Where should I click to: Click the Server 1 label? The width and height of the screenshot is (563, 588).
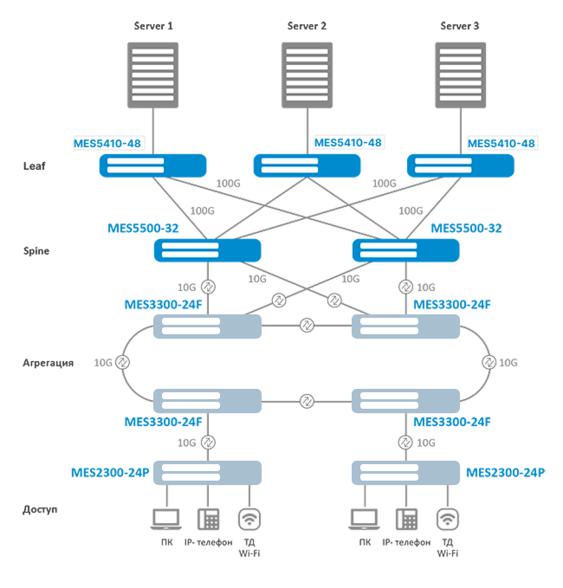coord(153,27)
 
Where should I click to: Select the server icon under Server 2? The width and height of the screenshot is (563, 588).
coord(307,74)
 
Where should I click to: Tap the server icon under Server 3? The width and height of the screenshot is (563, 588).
coord(460,74)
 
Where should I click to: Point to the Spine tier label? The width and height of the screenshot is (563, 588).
coord(36,250)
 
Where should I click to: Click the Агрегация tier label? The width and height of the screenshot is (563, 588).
coord(48,363)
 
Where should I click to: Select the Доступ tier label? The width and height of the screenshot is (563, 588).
coord(40,509)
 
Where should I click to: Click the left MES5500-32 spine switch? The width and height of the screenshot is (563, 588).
coord(208,250)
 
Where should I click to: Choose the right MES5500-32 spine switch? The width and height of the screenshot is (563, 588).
coord(405,250)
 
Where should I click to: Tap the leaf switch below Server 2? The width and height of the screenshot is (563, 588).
coord(307,165)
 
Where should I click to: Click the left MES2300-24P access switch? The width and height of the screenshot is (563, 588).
coord(208,472)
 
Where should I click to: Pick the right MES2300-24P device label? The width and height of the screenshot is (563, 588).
coord(506,472)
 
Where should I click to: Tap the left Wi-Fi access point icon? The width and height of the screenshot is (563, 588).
coord(249,519)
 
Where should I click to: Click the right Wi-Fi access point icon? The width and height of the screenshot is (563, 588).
coord(447,519)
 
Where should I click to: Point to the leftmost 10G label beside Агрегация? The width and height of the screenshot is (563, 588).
coord(102,363)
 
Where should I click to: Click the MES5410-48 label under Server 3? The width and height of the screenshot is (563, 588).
coord(502,143)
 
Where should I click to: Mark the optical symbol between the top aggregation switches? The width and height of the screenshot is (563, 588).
coord(307,326)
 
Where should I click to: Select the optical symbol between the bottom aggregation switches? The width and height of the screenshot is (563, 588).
coord(307,401)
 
